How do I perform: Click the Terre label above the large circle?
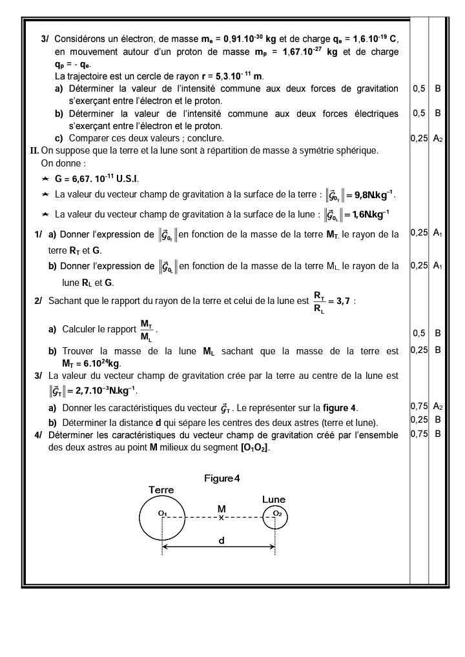(x=161, y=490)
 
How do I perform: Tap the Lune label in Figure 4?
(x=274, y=499)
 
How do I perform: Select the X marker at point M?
(x=221, y=518)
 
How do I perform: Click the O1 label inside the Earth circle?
(x=162, y=513)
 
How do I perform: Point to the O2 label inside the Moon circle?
(x=277, y=512)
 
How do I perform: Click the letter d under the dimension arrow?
(x=222, y=541)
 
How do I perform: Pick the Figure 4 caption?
(x=222, y=478)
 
